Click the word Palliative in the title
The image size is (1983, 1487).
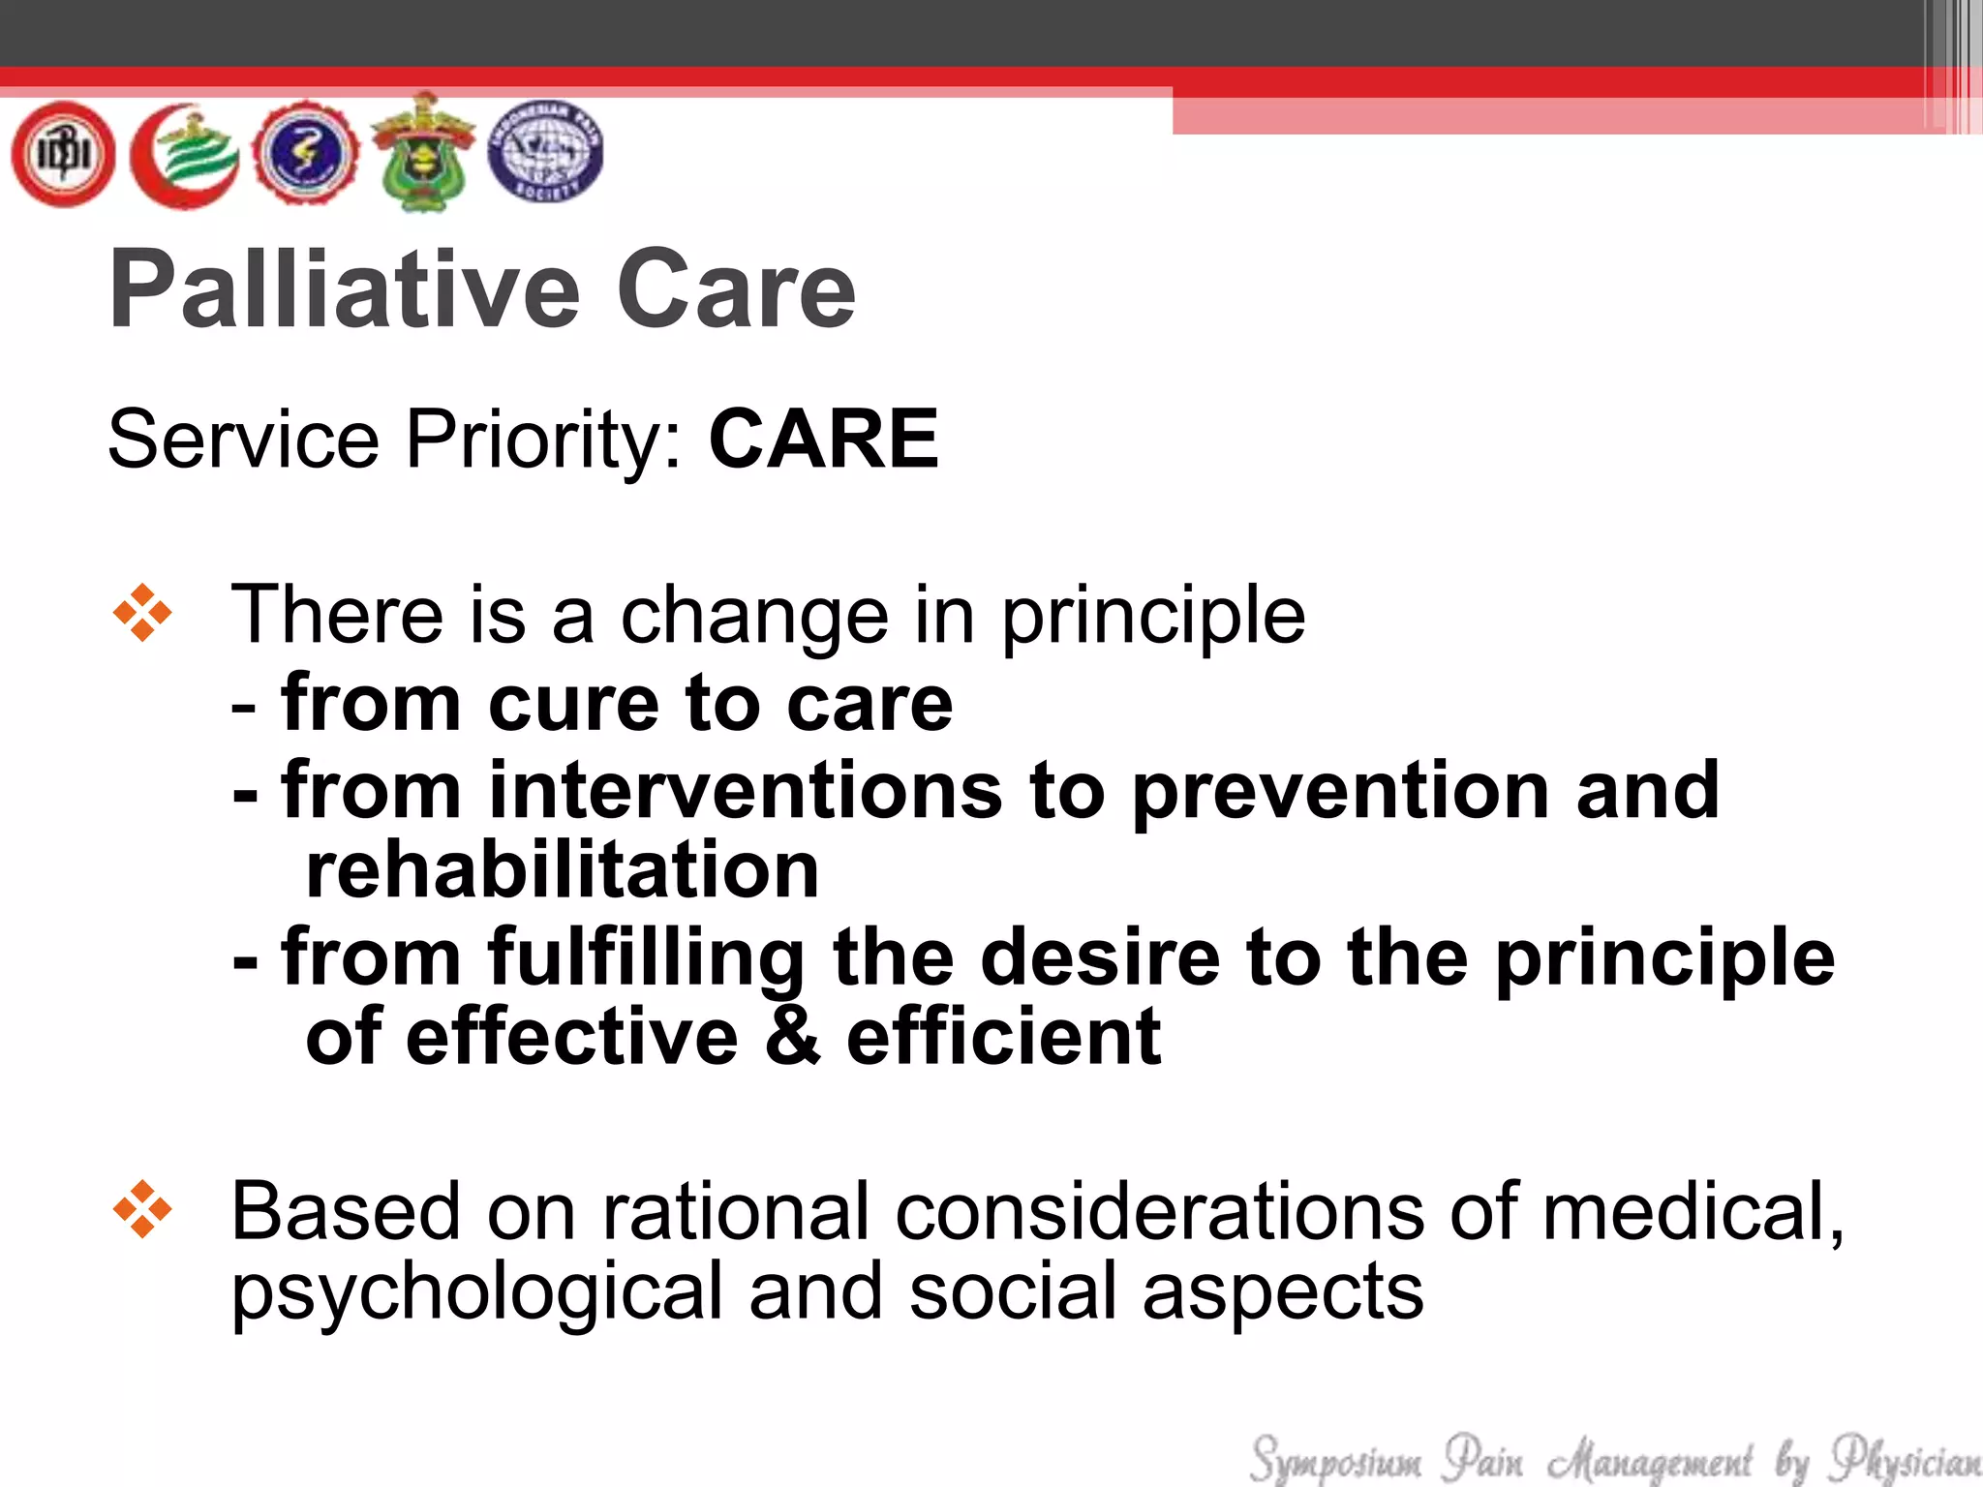pyautogui.click(x=345, y=290)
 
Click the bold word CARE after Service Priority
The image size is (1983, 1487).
pyautogui.click(x=823, y=440)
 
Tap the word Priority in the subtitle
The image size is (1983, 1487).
pyautogui.click(x=543, y=440)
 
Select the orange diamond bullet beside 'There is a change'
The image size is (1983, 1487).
pyautogui.click(x=142, y=613)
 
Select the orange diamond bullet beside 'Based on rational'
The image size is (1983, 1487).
pyautogui.click(x=142, y=1210)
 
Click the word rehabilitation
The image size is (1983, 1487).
pyautogui.click(x=562, y=869)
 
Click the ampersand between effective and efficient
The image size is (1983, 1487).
pyautogui.click(x=792, y=1036)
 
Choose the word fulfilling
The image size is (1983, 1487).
pyautogui.click(x=646, y=958)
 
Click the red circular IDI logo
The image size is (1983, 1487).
pyautogui.click(x=63, y=154)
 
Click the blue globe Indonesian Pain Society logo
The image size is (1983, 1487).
pyautogui.click(x=545, y=152)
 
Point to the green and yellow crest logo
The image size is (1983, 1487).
pyautogui.click(x=423, y=152)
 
